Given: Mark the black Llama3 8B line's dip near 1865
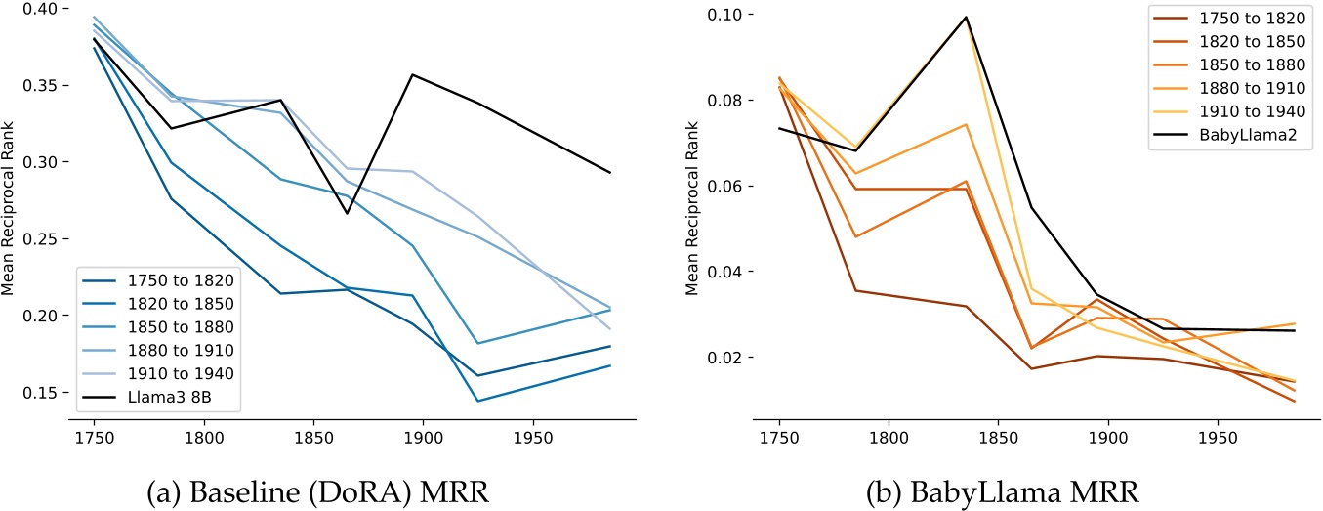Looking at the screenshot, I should [347, 213].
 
